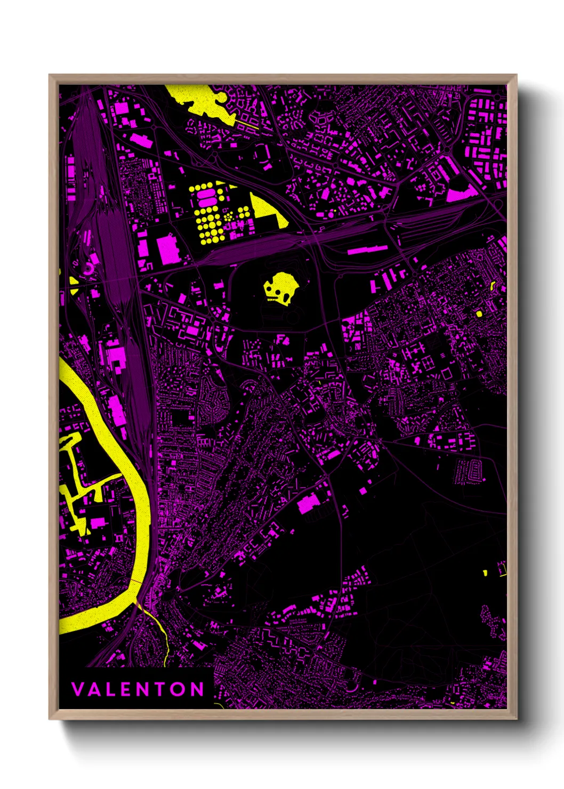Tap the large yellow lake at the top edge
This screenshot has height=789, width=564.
[200, 99]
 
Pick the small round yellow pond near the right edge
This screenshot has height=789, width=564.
[479, 313]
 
